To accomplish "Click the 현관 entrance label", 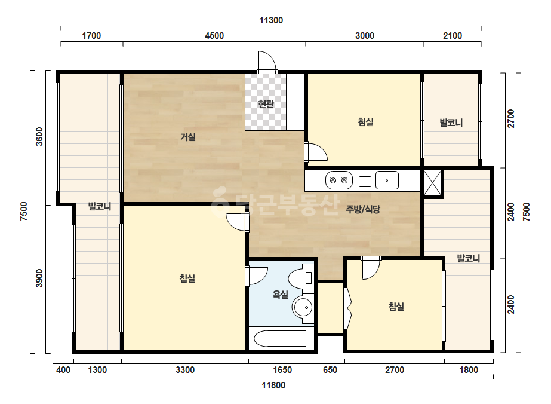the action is pyautogui.click(x=266, y=104).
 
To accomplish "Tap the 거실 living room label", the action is pyautogui.click(x=188, y=136).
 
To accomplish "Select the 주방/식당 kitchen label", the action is pyautogui.click(x=363, y=209).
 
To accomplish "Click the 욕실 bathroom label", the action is pyautogui.click(x=281, y=294).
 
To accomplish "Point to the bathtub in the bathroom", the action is pyautogui.click(x=280, y=338).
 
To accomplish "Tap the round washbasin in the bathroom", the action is pyautogui.click(x=302, y=307).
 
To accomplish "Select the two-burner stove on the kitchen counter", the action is pyautogui.click(x=338, y=180).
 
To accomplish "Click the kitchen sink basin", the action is pyautogui.click(x=387, y=180).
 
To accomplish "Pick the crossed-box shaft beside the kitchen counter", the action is pyautogui.click(x=432, y=183).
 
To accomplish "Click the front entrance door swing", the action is pyautogui.click(x=267, y=62).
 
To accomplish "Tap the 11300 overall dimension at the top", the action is pyautogui.click(x=271, y=20).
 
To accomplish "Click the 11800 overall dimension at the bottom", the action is pyautogui.click(x=273, y=385).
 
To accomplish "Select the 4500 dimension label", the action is pyautogui.click(x=214, y=35).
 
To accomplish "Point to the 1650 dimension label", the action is pyautogui.click(x=282, y=370).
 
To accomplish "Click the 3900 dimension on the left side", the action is pyautogui.click(x=39, y=278).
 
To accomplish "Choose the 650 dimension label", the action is pyautogui.click(x=330, y=370).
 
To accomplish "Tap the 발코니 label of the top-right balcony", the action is pyautogui.click(x=451, y=123).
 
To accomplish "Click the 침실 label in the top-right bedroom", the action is pyautogui.click(x=365, y=122).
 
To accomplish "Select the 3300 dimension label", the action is pyautogui.click(x=185, y=370).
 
